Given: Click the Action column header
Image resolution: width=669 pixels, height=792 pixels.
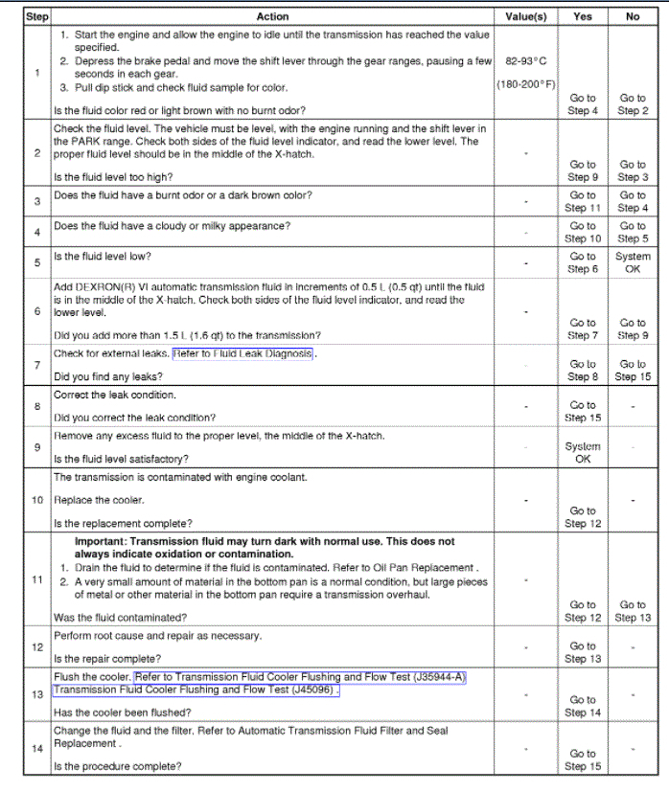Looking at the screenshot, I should click(273, 16).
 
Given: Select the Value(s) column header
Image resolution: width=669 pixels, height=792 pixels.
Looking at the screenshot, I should click(526, 16).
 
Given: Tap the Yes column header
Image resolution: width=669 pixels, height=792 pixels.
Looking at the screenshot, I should click(583, 16).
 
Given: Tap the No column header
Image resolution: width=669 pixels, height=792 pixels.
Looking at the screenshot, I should click(633, 16).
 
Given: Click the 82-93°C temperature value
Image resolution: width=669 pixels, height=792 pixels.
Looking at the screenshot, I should click(526, 60).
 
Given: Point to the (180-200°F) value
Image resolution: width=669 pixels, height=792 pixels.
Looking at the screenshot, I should click(526, 84).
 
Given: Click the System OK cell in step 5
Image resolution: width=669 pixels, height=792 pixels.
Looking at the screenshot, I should click(633, 263).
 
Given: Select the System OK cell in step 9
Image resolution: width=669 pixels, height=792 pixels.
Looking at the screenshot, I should click(583, 452).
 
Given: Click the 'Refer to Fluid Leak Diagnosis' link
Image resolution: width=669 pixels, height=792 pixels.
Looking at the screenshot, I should click(243, 353).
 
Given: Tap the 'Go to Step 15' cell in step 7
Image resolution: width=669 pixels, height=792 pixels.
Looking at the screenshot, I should click(633, 371).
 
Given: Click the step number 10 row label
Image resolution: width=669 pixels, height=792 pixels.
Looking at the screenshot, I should click(36, 500).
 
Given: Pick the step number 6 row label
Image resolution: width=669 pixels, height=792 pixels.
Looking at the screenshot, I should click(36, 311).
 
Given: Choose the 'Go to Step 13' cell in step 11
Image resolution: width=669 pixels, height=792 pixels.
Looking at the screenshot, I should click(633, 611).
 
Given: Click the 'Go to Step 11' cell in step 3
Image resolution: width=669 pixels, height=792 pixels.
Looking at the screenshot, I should click(583, 201).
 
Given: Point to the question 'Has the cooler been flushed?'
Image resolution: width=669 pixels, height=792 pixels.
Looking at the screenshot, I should click(122, 713).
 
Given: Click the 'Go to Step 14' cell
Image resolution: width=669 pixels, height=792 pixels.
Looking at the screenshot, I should click(583, 706).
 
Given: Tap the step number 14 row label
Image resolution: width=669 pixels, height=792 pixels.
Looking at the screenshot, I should click(36, 748).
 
